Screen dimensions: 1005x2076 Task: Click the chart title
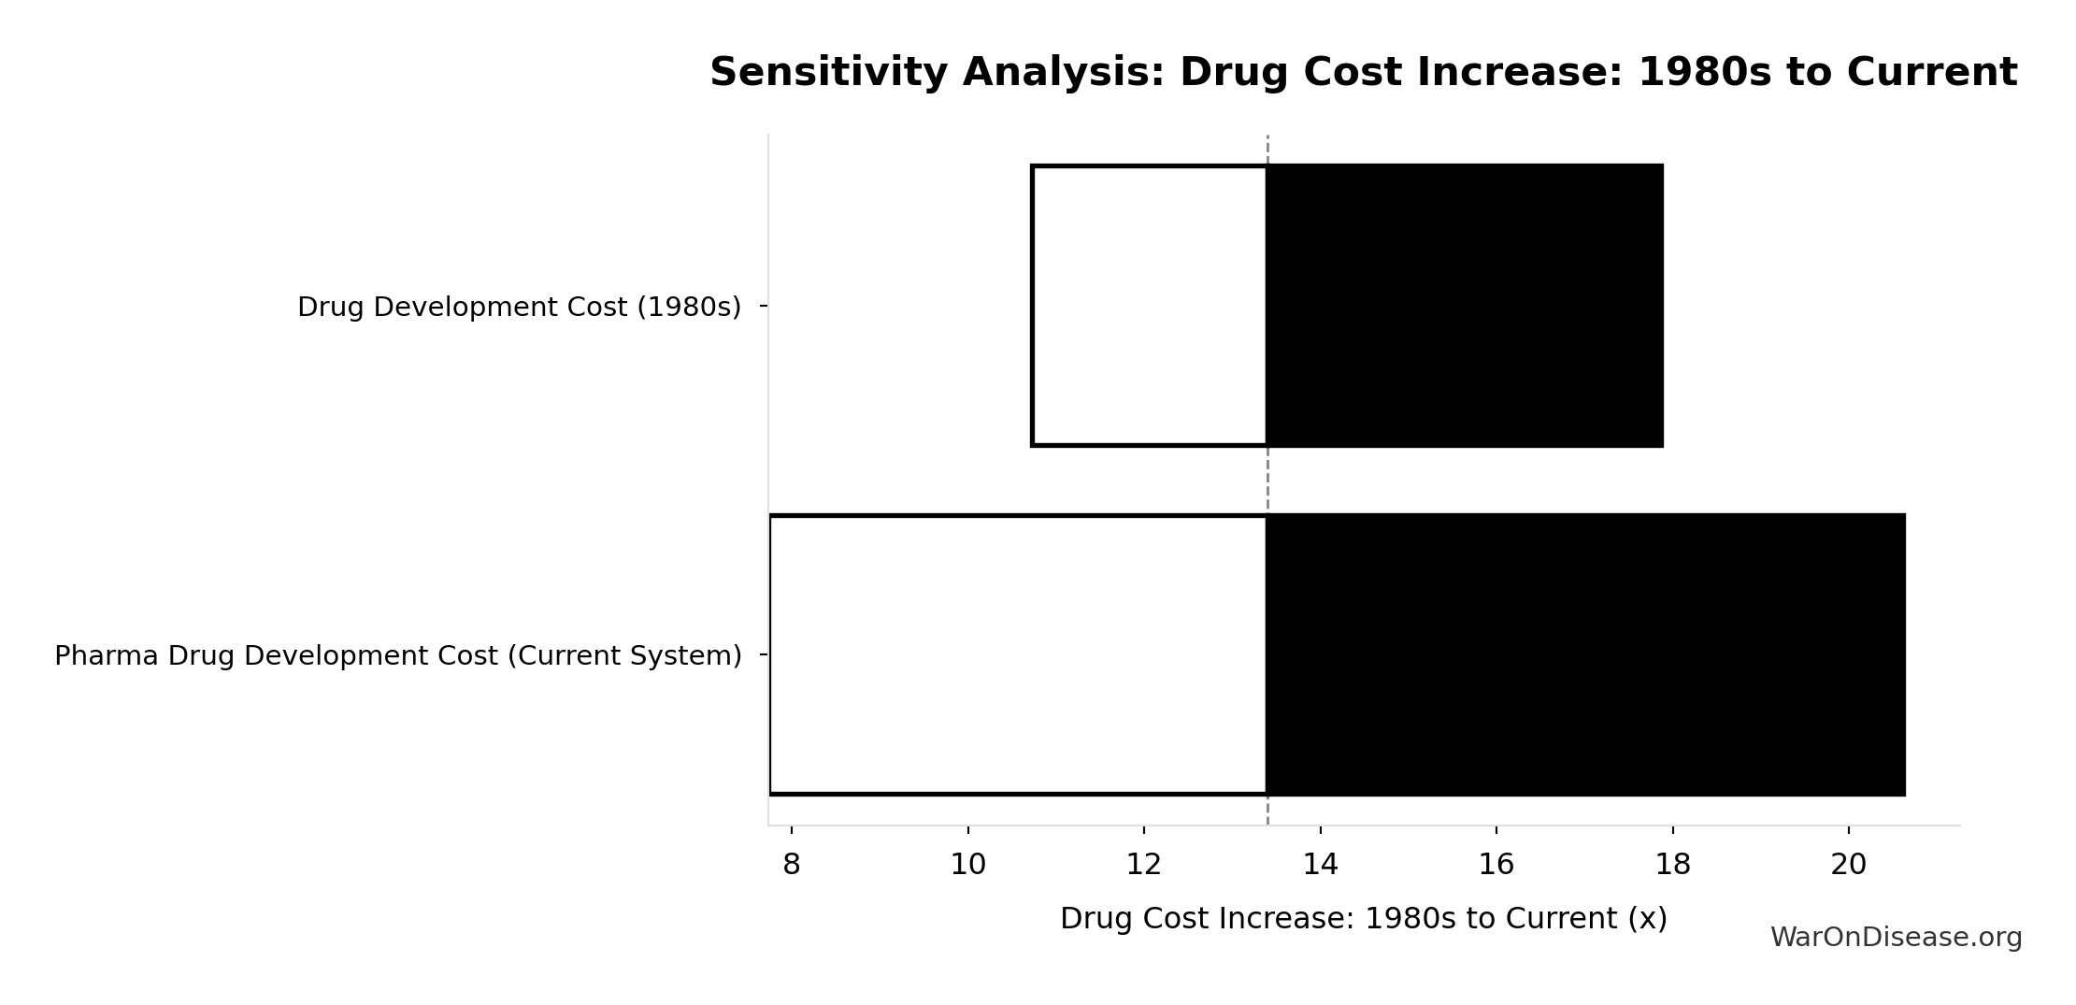click(x=1363, y=73)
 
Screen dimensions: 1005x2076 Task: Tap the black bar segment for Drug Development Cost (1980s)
click(x=1464, y=306)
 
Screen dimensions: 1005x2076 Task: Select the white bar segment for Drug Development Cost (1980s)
click(x=1150, y=306)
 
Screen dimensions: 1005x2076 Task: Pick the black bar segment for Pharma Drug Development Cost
click(x=1585, y=654)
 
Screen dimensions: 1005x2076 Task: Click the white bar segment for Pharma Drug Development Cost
click(x=1018, y=654)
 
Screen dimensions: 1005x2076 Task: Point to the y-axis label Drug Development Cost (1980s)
click(x=519, y=307)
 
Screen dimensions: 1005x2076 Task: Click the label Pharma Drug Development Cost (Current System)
click(x=398, y=656)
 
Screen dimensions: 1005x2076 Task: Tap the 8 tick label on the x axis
click(x=791, y=865)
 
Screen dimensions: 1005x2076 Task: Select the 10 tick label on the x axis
click(x=967, y=865)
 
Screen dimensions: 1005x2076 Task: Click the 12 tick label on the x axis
click(x=1143, y=865)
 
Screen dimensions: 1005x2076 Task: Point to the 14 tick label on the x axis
click(x=1320, y=865)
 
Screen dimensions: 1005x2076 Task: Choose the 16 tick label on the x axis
click(x=1496, y=865)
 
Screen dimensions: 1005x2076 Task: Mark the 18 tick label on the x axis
click(x=1672, y=865)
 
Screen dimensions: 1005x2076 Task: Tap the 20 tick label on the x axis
click(x=1848, y=865)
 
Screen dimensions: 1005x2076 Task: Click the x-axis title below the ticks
click(x=1363, y=918)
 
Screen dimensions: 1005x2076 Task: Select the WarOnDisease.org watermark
click(x=1896, y=938)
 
